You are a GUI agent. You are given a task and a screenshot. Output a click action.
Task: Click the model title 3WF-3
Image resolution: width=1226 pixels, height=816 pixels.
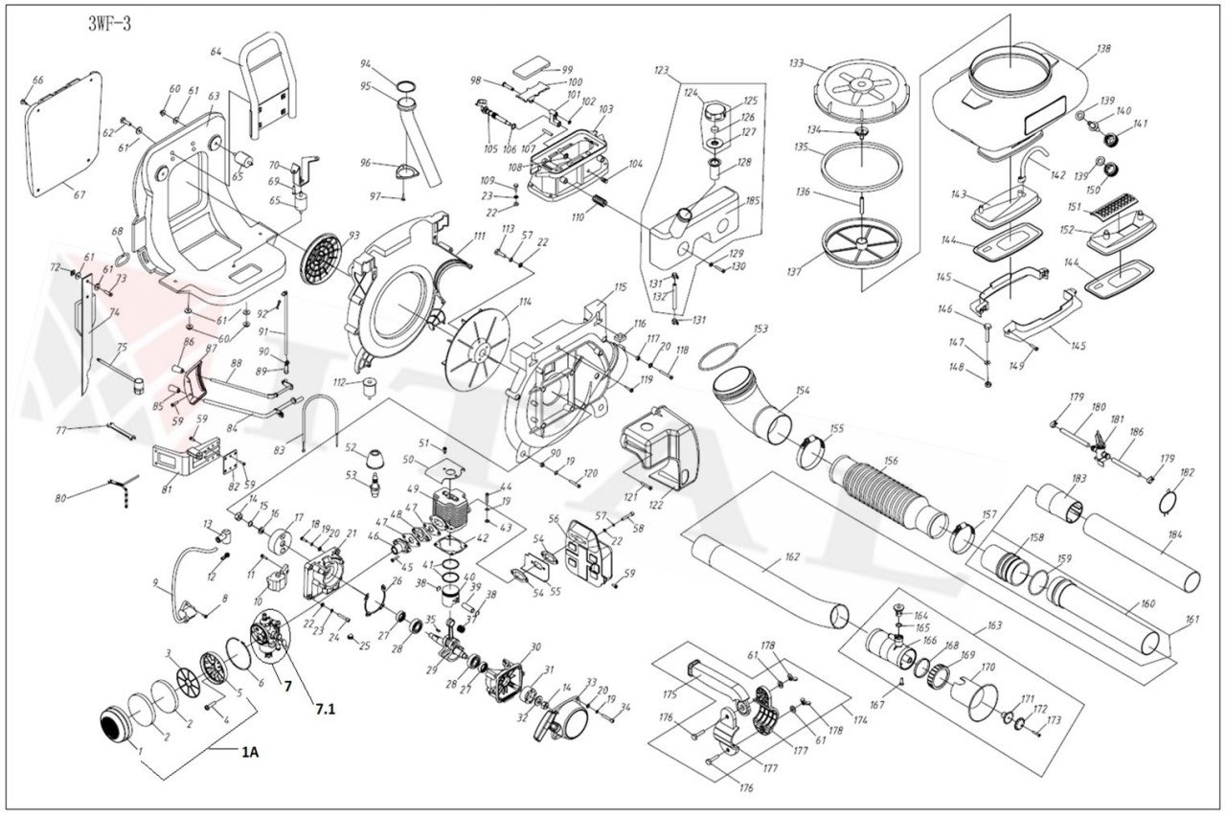[x=108, y=25]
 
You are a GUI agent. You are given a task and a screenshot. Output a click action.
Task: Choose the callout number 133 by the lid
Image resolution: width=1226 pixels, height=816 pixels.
[x=796, y=63]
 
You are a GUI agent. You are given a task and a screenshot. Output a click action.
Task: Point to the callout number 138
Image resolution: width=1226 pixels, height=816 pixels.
[x=1104, y=48]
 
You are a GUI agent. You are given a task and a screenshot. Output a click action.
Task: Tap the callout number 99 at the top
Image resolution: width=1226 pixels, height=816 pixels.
[x=567, y=70]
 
